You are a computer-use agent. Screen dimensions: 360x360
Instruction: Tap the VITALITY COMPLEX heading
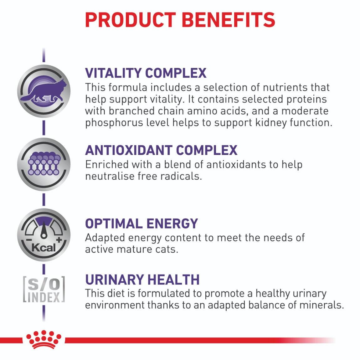(x=146, y=73)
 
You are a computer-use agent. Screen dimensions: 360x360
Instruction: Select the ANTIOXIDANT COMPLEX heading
(x=161, y=150)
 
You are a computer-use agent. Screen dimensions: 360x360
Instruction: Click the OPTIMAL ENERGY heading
(x=141, y=224)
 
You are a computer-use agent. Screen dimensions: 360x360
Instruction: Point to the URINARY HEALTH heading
(x=142, y=279)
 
